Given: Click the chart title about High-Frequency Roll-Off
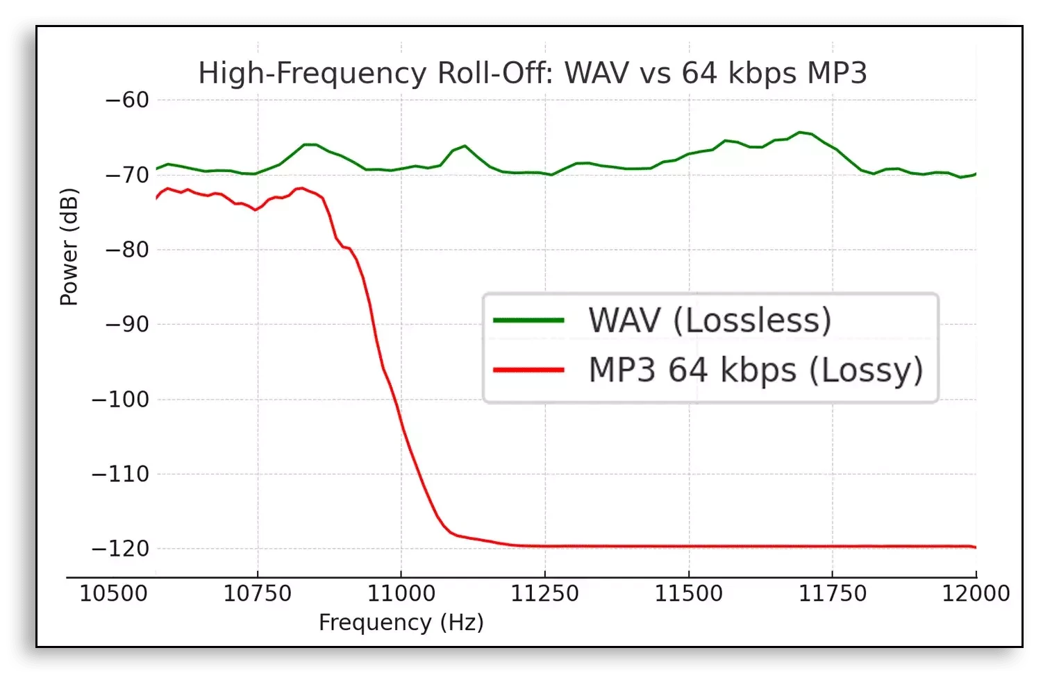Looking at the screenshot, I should (x=533, y=74).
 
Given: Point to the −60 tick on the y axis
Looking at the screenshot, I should (x=127, y=100).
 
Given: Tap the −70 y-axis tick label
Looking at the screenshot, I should (x=127, y=175).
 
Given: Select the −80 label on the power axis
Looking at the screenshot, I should (x=127, y=250).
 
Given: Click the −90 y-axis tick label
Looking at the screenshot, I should (x=127, y=324).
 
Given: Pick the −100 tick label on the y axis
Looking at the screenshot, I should (x=121, y=399).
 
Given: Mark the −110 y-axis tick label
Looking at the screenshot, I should (x=121, y=474).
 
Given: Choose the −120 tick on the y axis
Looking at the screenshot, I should (x=121, y=549).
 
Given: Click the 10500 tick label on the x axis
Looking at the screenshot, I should (x=114, y=594).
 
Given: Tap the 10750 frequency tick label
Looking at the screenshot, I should (x=258, y=594).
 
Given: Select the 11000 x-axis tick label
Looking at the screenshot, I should (x=401, y=594).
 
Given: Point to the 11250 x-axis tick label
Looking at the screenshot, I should (x=545, y=594).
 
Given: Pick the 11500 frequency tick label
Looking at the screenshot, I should (x=689, y=594).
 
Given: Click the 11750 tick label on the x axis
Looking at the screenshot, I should (x=833, y=594).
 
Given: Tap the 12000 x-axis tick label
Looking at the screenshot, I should (x=976, y=594).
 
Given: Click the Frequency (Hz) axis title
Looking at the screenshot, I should (x=401, y=623).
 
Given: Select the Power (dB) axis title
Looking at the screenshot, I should (x=69, y=247).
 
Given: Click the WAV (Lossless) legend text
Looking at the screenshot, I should (x=710, y=321).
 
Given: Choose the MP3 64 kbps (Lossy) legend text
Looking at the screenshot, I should (x=756, y=370).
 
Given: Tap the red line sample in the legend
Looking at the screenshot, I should (x=528, y=370).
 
